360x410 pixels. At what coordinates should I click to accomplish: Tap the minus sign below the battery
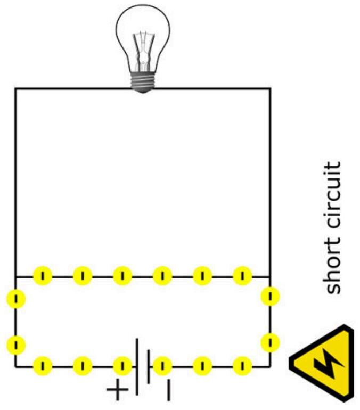(168, 390)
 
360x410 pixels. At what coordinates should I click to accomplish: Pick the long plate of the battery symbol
(137, 366)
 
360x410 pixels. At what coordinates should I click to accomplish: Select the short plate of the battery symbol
(149, 366)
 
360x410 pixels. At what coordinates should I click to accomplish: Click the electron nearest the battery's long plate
(122, 366)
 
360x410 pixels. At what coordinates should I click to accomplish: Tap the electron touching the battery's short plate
(162, 366)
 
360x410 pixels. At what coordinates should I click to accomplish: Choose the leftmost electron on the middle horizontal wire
(43, 276)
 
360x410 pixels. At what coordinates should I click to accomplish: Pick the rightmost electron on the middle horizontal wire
(242, 276)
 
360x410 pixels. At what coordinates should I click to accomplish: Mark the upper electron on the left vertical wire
(16, 299)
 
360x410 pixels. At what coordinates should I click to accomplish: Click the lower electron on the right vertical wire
(271, 341)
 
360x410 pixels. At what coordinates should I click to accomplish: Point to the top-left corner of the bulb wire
(15, 88)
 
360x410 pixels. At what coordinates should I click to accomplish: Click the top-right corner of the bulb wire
(269, 88)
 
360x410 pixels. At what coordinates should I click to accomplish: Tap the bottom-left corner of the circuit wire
(15, 366)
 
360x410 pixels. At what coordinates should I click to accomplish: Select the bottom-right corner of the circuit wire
(269, 366)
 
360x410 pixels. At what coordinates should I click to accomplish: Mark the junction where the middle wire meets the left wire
(15, 276)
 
